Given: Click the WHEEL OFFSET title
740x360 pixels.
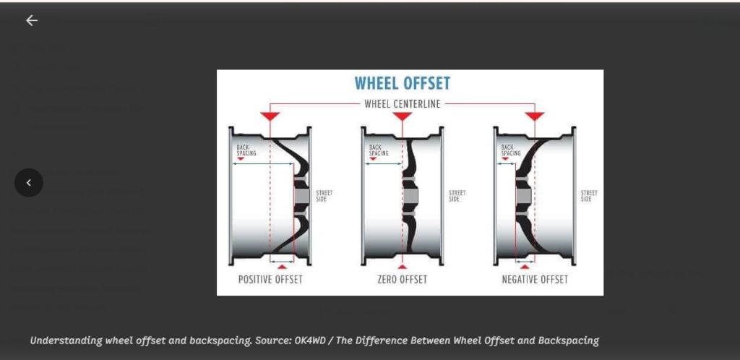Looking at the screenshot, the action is point(402,84).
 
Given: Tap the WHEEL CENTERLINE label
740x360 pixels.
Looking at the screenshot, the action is point(402,104).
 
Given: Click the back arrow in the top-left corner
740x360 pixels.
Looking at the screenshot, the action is point(32,20).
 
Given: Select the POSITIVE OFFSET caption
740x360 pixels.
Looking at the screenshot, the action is point(270,279).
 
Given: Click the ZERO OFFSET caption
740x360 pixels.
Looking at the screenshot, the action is point(402,279).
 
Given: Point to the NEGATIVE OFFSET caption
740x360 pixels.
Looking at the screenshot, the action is point(535,279).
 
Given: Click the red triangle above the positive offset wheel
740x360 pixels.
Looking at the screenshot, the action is point(270,116).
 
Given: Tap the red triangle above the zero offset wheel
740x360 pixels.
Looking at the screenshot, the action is point(402,116).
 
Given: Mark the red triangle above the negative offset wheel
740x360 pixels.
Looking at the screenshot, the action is point(535,116).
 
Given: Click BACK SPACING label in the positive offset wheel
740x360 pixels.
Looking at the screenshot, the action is point(246,150).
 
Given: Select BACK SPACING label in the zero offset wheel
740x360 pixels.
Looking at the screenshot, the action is point(379,150).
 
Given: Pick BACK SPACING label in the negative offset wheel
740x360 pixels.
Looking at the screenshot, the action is point(511,150).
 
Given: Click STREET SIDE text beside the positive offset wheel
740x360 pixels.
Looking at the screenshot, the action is point(324,196).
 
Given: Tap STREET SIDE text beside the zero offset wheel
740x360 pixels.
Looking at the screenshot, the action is point(457,196).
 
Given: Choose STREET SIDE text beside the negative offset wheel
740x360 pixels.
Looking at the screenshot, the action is point(589,196).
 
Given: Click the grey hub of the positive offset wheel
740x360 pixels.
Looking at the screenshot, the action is point(301,196).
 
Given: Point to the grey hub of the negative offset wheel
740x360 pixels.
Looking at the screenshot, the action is point(523,195).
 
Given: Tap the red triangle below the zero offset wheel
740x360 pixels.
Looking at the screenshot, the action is point(402,267).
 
